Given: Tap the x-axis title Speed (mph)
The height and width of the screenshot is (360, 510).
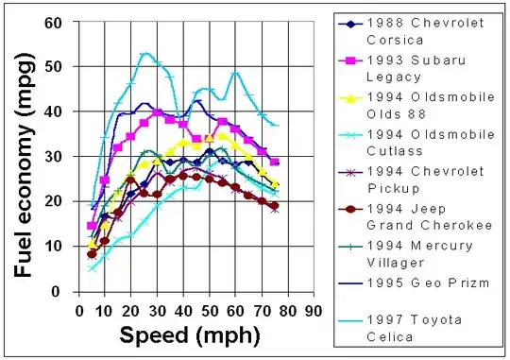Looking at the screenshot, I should click(177, 334).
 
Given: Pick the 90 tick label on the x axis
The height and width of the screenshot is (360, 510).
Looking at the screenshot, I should click(314, 309).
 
